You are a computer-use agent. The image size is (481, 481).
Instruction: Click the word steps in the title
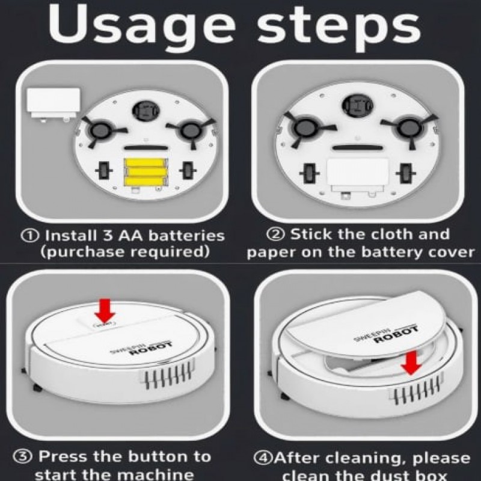339,28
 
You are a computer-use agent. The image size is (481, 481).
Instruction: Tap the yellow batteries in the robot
146,172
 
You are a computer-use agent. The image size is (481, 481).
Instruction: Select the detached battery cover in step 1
53,105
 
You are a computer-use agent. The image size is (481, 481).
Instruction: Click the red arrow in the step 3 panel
105,310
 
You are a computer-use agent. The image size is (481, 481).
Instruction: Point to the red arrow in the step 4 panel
411,363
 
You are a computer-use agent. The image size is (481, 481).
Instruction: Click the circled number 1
29,236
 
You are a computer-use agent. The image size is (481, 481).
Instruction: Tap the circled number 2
276,234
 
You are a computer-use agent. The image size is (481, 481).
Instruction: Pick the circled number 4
263,458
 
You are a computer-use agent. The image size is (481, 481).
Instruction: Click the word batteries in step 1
187,236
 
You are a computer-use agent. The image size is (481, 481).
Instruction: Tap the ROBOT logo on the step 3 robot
151,348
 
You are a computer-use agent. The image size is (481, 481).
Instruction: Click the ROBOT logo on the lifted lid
396,334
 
